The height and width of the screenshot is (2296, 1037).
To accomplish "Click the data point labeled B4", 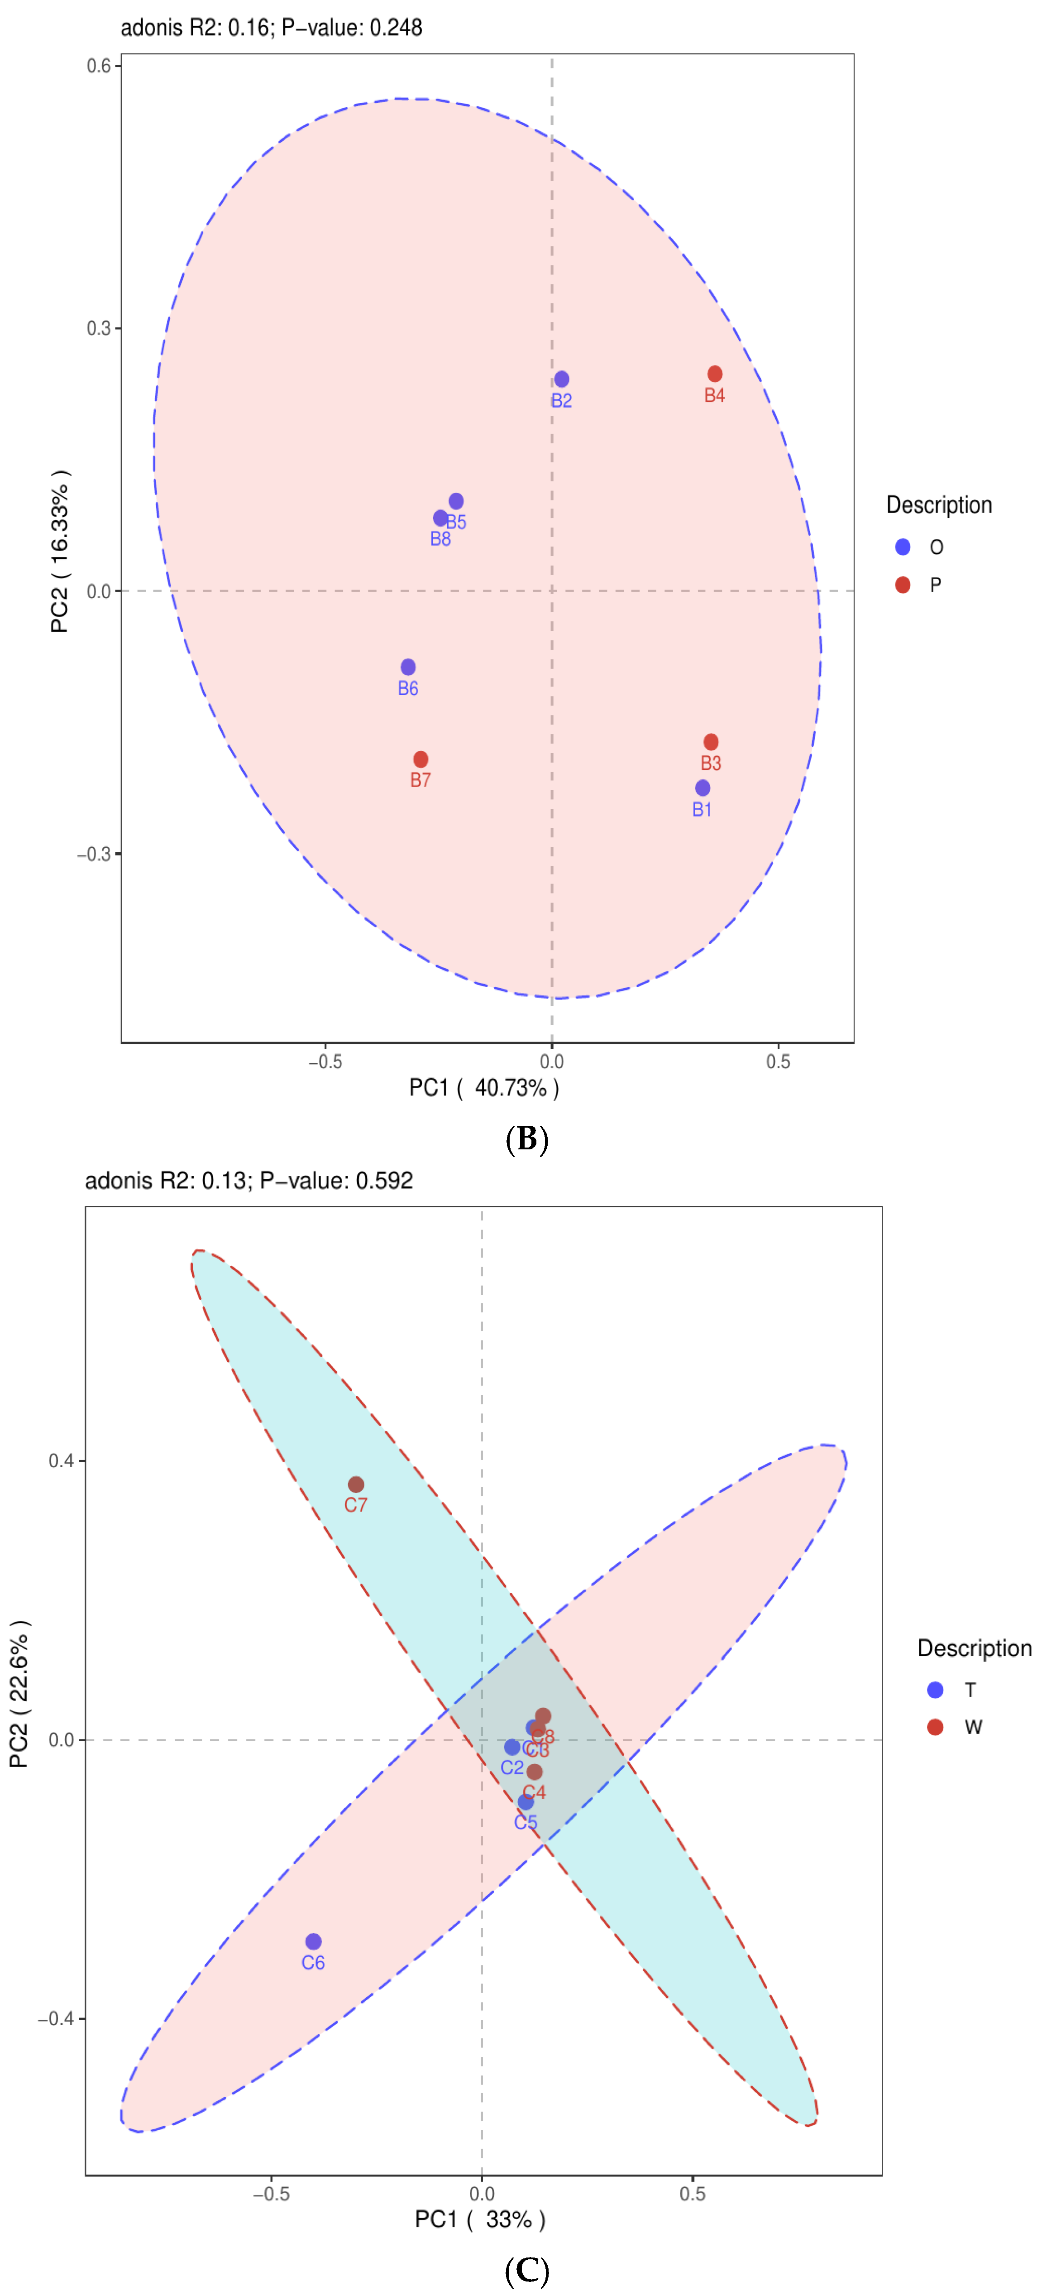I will pos(715,375).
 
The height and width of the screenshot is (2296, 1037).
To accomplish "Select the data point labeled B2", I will pos(561,379).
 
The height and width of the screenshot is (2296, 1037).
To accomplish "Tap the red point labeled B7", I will pos(421,759).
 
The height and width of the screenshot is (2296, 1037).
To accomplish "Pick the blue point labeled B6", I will pos(408,668).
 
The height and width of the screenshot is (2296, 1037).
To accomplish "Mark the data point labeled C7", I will pos(355,1484).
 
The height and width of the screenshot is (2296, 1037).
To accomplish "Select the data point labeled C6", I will pos(313,1941).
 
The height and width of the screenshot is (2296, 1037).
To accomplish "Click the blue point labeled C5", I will pos(526,1802).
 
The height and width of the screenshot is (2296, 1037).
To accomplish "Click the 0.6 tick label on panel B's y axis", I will pos(98,66).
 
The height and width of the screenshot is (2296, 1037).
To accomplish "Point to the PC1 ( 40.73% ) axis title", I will pos(484,1088).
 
